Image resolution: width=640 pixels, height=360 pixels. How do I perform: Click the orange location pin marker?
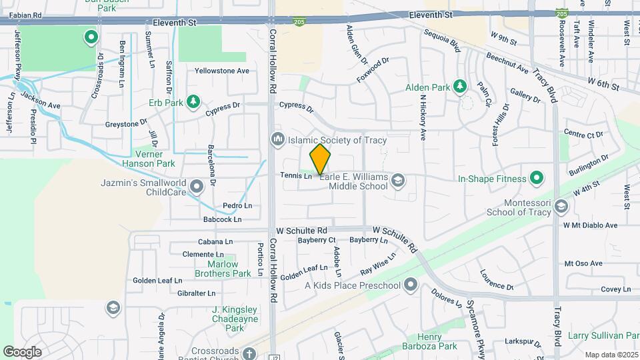tap(320, 159)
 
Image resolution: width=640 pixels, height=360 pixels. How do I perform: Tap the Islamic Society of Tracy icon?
tap(277, 139)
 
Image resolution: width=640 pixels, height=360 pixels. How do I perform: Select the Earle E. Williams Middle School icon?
tap(398, 179)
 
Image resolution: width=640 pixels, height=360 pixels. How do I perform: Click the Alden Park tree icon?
tap(459, 87)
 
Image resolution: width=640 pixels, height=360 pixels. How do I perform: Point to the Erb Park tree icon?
tap(193, 101)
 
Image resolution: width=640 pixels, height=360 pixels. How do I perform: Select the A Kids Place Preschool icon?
tap(410, 285)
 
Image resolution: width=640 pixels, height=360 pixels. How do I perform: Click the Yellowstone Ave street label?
tap(221, 70)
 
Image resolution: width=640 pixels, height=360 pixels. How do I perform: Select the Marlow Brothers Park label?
tap(223, 269)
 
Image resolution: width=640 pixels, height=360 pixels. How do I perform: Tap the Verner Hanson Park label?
tap(148, 158)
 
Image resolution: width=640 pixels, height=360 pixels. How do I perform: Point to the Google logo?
tap(22, 351)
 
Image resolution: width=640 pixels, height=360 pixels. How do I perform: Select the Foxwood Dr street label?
tap(373, 70)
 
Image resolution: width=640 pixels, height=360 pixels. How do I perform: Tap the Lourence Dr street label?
tap(497, 280)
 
